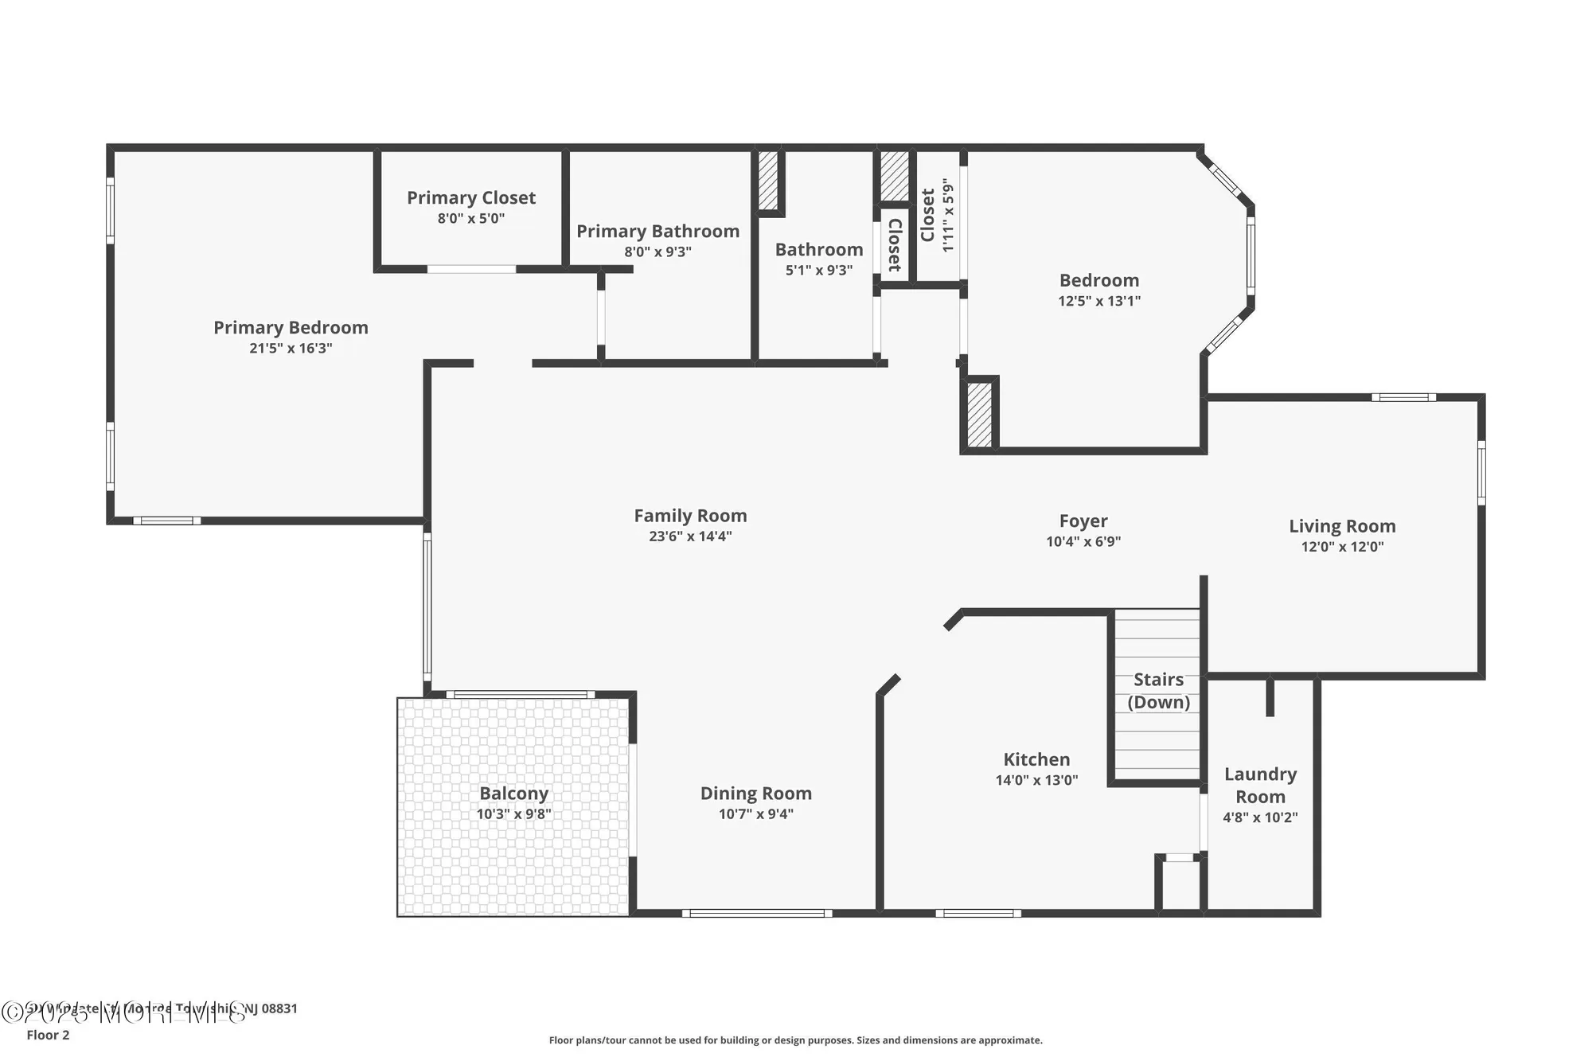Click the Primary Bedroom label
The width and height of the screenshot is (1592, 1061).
click(291, 327)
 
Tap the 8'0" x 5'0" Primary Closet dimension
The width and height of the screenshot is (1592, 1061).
click(470, 219)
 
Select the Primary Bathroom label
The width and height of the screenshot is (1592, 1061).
click(657, 231)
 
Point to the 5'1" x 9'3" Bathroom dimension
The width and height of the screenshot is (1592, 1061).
click(818, 271)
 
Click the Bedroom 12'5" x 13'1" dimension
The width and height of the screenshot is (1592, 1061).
click(1098, 302)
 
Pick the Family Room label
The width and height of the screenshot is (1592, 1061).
click(689, 516)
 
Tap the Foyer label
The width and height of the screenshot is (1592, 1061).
click(1083, 521)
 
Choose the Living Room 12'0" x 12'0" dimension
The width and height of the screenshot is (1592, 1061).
click(1342, 547)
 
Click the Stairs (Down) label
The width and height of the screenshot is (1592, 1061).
click(1158, 690)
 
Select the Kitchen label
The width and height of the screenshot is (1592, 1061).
click(1036, 759)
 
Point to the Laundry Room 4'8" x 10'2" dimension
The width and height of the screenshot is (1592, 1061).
click(1259, 817)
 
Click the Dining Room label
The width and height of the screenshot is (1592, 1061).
click(755, 793)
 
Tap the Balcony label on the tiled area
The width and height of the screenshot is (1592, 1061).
click(513, 794)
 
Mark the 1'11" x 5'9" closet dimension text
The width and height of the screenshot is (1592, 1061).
click(947, 215)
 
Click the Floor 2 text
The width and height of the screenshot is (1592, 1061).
click(48, 1035)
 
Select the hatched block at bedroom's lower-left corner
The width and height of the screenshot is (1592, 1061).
click(979, 415)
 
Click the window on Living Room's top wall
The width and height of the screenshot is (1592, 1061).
click(1403, 397)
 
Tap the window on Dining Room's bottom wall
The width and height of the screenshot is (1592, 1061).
click(756, 913)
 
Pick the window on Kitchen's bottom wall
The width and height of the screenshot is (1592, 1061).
click(977, 913)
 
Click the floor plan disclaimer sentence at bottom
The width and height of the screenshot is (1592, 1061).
click(794, 1040)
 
